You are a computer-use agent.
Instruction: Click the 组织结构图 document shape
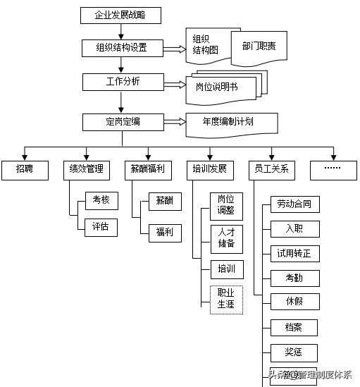205,43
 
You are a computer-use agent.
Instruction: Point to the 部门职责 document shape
259,46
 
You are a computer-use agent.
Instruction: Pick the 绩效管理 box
86,168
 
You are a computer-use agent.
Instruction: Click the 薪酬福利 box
148,168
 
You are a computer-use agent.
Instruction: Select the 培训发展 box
209,168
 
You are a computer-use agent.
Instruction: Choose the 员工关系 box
272,168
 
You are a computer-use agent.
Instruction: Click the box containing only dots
333,168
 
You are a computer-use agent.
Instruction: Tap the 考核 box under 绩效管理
100,200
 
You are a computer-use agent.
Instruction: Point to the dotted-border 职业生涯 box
226,300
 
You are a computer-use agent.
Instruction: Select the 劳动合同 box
294,205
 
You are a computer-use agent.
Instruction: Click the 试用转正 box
294,253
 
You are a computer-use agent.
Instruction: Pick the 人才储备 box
226,239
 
